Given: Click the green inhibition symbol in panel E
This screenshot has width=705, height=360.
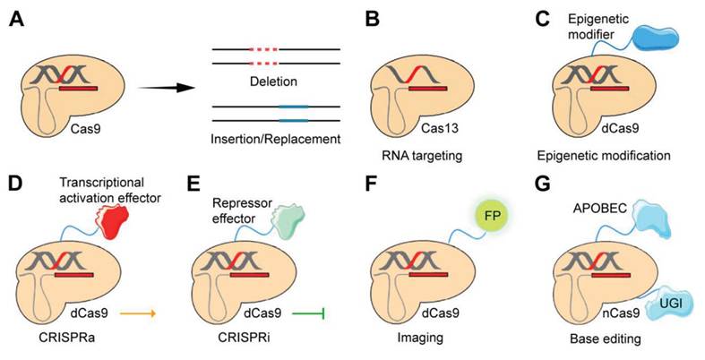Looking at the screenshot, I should (307, 313).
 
